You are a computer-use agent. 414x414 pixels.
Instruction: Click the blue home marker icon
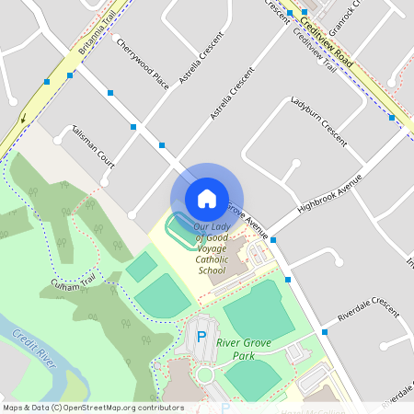click(x=206, y=198)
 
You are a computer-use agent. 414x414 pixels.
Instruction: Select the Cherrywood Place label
click(x=143, y=63)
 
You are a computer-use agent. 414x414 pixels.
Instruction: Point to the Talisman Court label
click(x=92, y=147)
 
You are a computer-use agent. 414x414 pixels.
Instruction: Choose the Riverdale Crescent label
click(x=369, y=310)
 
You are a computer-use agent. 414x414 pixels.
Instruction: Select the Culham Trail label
click(x=75, y=282)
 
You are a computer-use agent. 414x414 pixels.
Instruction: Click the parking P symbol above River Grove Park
click(x=201, y=337)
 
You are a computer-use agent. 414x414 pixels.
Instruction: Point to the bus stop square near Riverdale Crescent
click(x=325, y=331)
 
